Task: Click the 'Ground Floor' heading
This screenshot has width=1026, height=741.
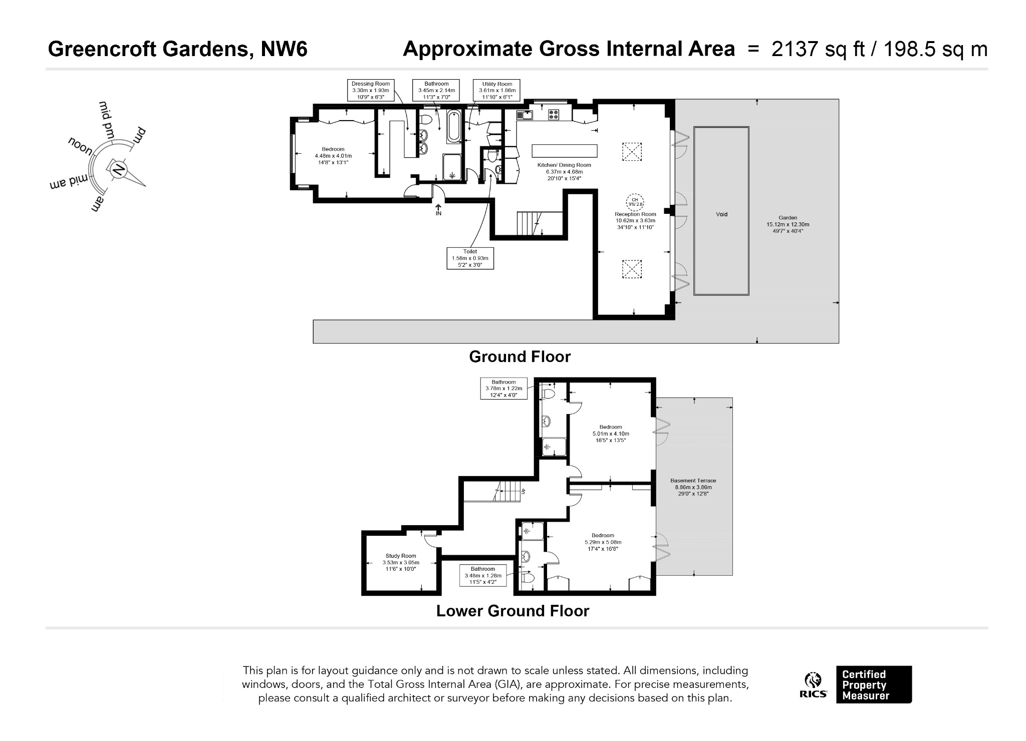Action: [520, 357]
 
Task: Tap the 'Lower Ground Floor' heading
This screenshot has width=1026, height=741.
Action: [512, 611]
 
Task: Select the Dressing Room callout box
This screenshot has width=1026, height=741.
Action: [370, 91]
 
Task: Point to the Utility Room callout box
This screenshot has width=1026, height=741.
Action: [497, 91]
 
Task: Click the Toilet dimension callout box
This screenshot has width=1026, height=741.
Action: [470, 258]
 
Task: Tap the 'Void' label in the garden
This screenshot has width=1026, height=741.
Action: [721, 214]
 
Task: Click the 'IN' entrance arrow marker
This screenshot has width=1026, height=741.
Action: [438, 210]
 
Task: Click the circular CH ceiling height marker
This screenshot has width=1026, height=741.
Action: [635, 202]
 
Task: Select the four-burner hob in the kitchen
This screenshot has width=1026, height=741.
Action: [554, 115]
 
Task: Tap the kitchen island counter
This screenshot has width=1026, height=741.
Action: [565, 151]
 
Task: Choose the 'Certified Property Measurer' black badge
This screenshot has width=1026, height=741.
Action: [874, 684]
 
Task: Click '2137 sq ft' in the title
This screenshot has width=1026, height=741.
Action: [818, 49]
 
